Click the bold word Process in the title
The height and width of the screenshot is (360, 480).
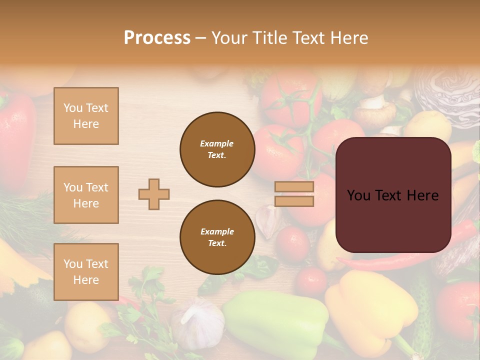(x=157, y=38)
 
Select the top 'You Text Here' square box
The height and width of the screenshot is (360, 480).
(x=86, y=116)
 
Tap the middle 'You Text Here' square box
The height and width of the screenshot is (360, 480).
(x=86, y=195)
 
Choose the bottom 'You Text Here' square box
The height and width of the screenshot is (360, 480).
(x=86, y=272)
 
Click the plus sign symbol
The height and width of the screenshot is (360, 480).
(x=154, y=194)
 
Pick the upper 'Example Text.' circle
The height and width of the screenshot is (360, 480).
(x=217, y=149)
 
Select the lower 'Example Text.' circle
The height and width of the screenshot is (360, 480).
(x=217, y=237)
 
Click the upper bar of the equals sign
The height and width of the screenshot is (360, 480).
(x=294, y=186)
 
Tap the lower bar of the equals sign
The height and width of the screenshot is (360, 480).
(x=294, y=201)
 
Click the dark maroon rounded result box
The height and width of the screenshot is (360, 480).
(x=393, y=195)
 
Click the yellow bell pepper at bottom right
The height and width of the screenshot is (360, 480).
(x=370, y=310)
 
